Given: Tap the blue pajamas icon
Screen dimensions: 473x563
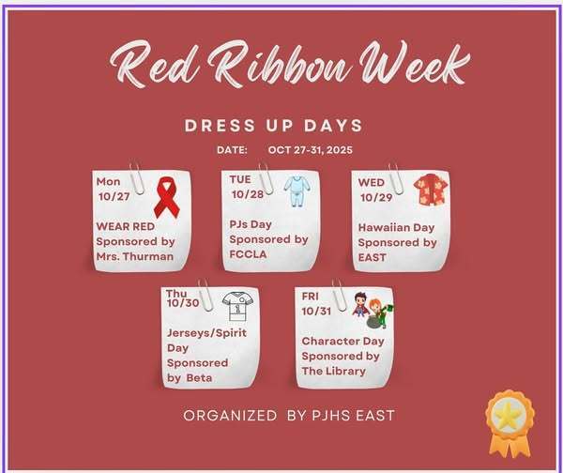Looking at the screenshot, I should (x=296, y=191).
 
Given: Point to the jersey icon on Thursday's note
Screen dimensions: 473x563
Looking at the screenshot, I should (x=236, y=307).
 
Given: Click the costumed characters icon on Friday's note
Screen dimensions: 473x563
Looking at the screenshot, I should (x=372, y=307).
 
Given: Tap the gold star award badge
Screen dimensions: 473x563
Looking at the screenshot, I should (x=508, y=419).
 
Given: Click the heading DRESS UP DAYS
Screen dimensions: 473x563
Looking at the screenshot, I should (x=274, y=126).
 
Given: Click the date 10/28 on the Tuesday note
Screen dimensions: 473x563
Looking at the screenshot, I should (x=248, y=193).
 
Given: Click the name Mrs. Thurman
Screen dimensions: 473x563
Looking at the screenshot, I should (x=136, y=256).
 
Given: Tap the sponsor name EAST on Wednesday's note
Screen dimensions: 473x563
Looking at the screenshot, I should (x=373, y=256).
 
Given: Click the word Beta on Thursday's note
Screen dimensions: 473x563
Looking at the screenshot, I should (x=199, y=376).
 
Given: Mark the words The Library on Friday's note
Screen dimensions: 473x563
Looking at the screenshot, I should (x=333, y=371).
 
